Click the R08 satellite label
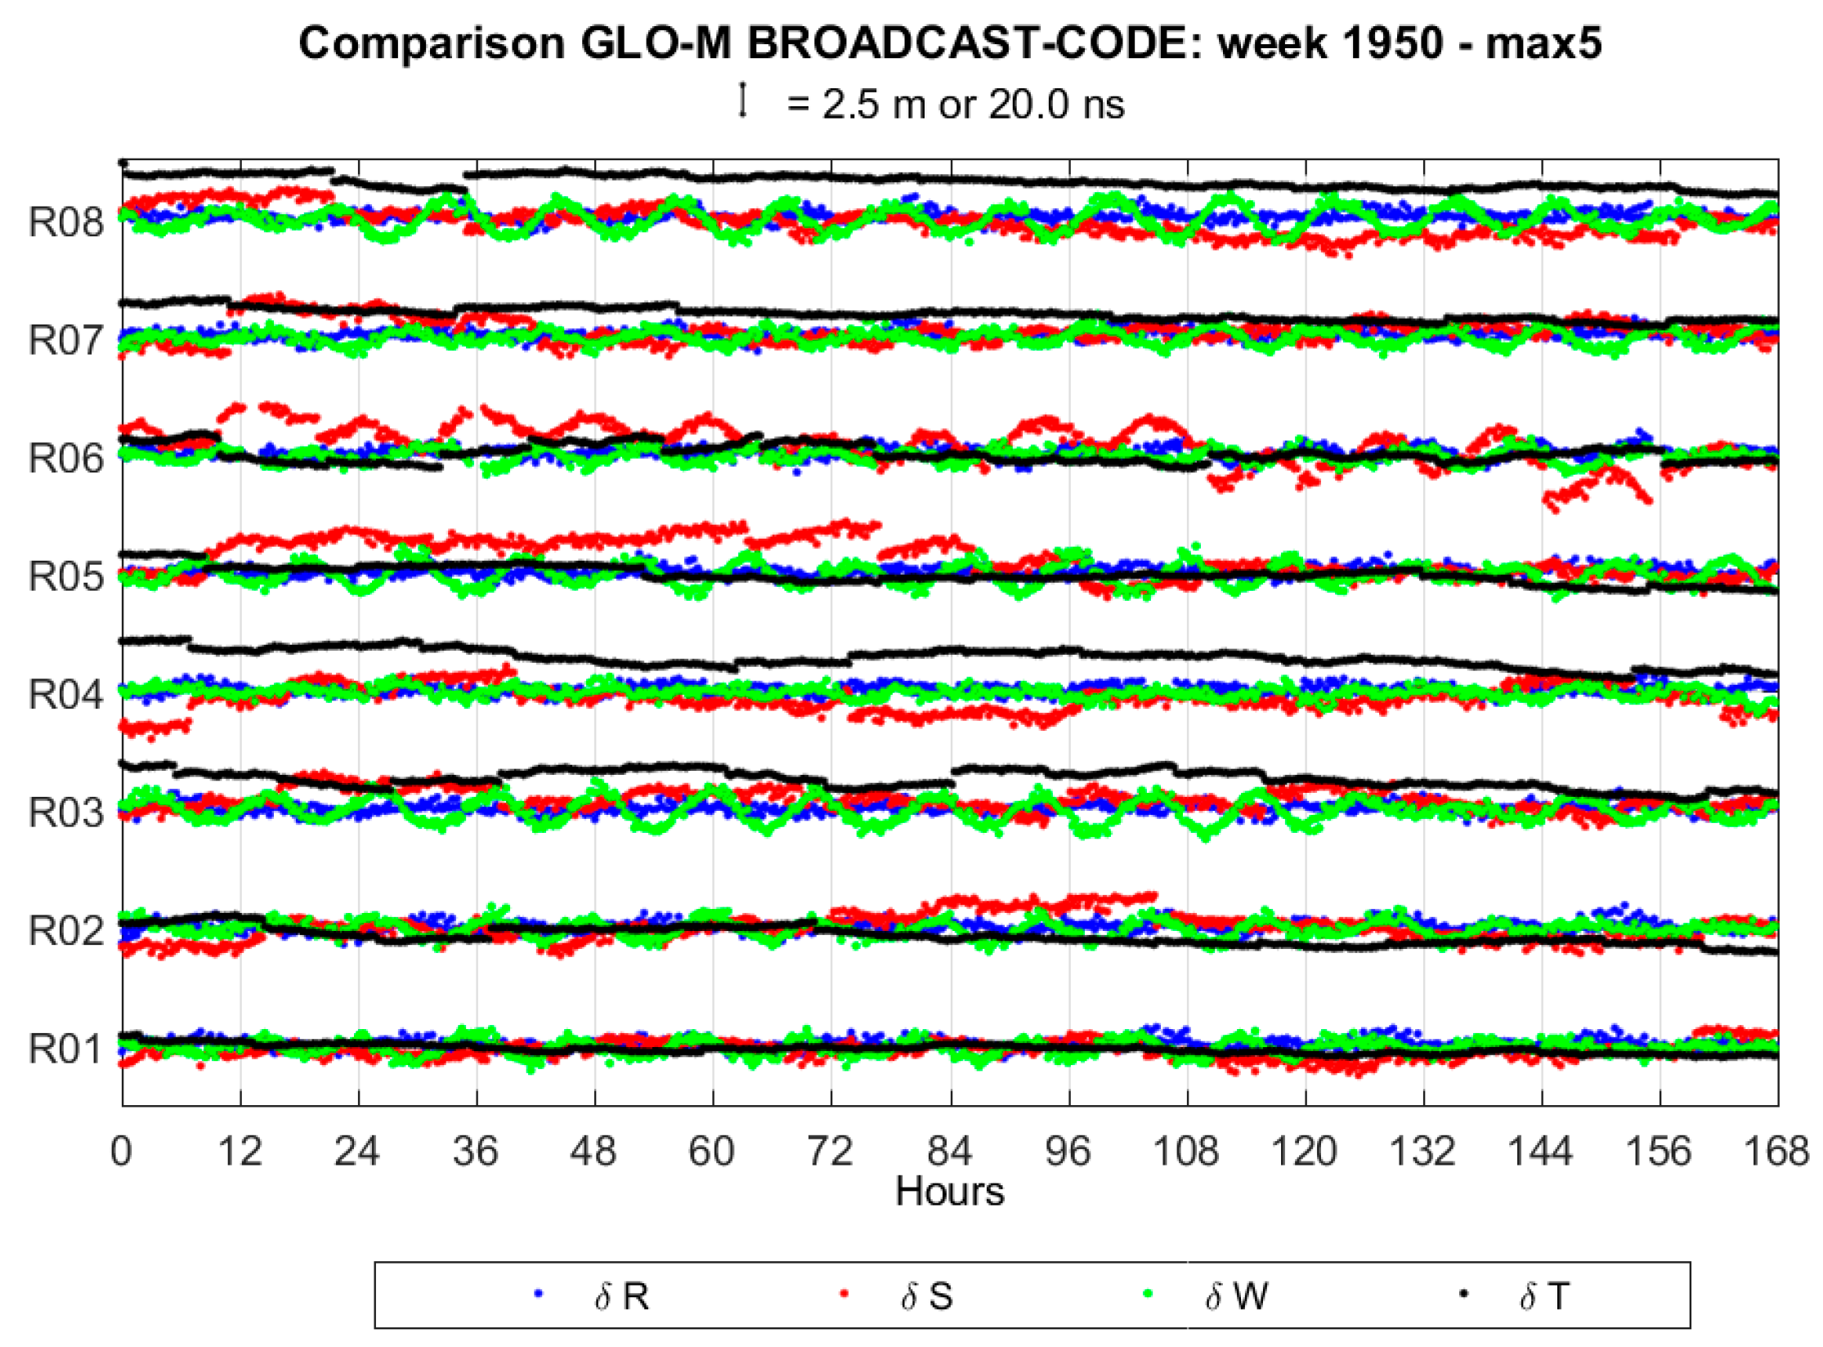(x=66, y=222)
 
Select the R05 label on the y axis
(x=66, y=577)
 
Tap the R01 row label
(x=66, y=1049)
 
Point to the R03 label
(x=66, y=813)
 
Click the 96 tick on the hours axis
(x=1068, y=1152)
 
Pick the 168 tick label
(x=1776, y=1152)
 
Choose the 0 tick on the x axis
(x=122, y=1152)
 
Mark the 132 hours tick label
(x=1422, y=1152)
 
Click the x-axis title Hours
(x=949, y=1192)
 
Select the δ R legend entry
(x=621, y=1296)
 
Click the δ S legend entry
(x=926, y=1296)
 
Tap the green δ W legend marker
(x=1149, y=1294)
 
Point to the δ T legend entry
(x=1543, y=1296)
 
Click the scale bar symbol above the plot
(x=742, y=101)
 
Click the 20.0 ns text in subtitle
(x=1056, y=105)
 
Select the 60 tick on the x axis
(x=712, y=1152)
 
